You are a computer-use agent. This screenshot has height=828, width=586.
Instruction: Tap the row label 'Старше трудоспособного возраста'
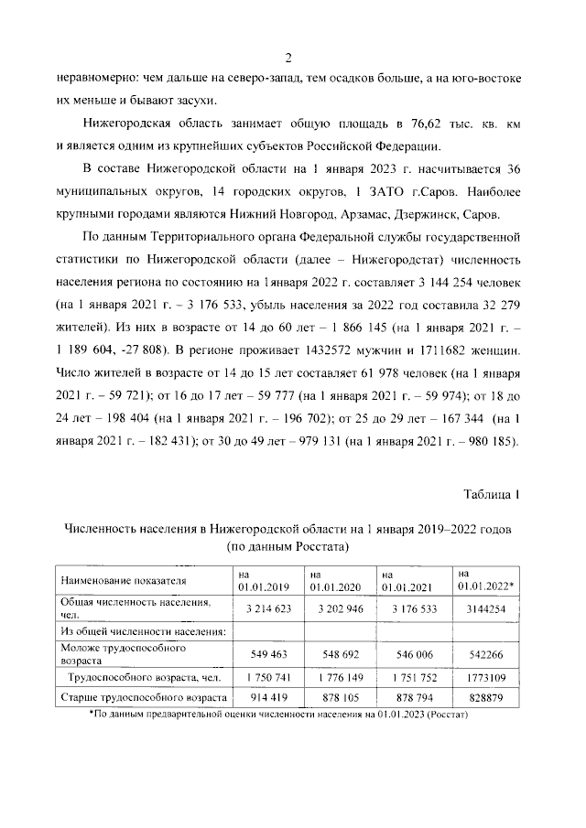click(142, 698)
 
